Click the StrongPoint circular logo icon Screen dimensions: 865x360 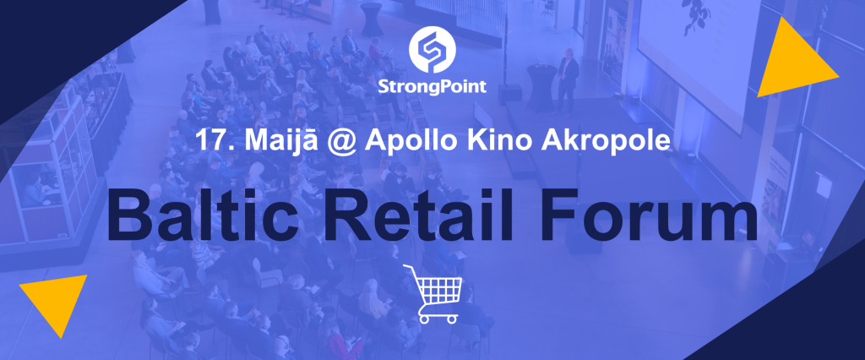432,52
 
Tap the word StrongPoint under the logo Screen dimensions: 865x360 432,87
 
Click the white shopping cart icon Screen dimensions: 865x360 432,294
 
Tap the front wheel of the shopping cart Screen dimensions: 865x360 453,319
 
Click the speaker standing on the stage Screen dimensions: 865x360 566,81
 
